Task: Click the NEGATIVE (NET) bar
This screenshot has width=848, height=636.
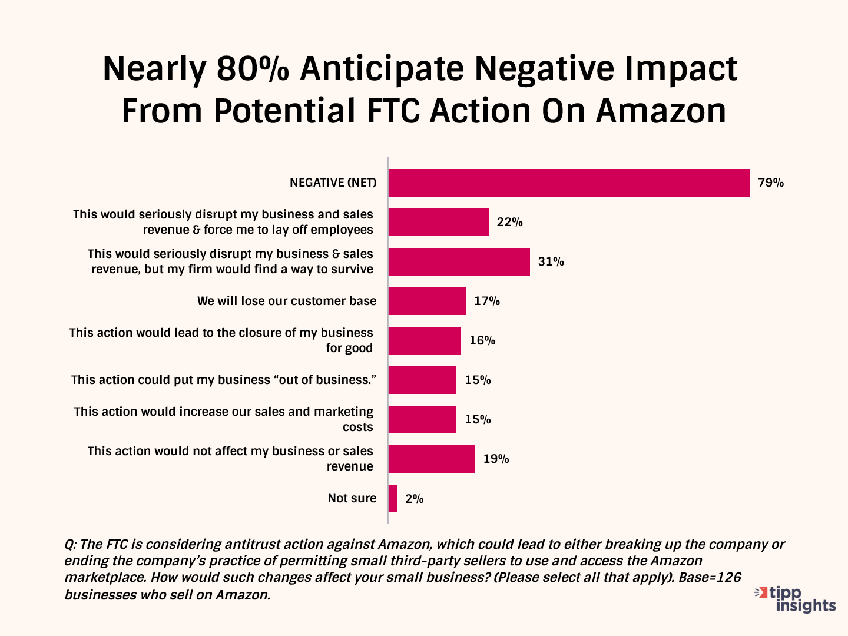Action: (x=569, y=183)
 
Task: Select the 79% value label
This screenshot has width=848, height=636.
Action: (x=771, y=183)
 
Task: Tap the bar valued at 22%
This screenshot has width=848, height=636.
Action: (x=439, y=222)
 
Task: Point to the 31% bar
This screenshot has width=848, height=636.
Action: (x=459, y=261)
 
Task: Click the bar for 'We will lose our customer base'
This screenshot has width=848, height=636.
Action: (x=427, y=301)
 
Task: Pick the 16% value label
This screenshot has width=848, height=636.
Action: (x=482, y=340)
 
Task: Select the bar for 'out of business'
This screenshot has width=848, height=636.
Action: (x=422, y=380)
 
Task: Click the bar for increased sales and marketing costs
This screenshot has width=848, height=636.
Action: (x=422, y=419)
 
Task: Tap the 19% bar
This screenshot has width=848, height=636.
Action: (x=432, y=459)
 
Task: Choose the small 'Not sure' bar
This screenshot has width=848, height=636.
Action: (x=393, y=498)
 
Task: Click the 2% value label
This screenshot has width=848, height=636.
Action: (x=415, y=499)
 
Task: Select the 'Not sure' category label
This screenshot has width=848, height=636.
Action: (x=352, y=498)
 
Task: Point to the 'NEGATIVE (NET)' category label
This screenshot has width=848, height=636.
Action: (x=333, y=183)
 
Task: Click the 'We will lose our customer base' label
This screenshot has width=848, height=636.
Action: (x=287, y=301)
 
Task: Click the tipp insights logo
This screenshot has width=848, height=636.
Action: (x=796, y=599)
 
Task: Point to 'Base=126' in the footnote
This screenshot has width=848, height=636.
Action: (x=710, y=577)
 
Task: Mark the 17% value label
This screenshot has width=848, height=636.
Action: (x=487, y=301)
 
